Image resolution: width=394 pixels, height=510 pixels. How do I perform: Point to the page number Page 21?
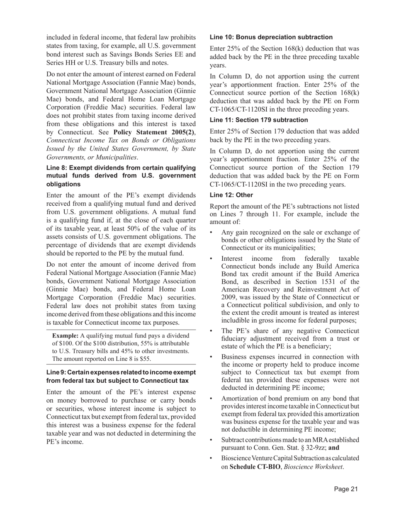click(x=346, y=489)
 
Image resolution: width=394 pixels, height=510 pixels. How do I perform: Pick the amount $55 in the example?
click(x=144, y=359)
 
